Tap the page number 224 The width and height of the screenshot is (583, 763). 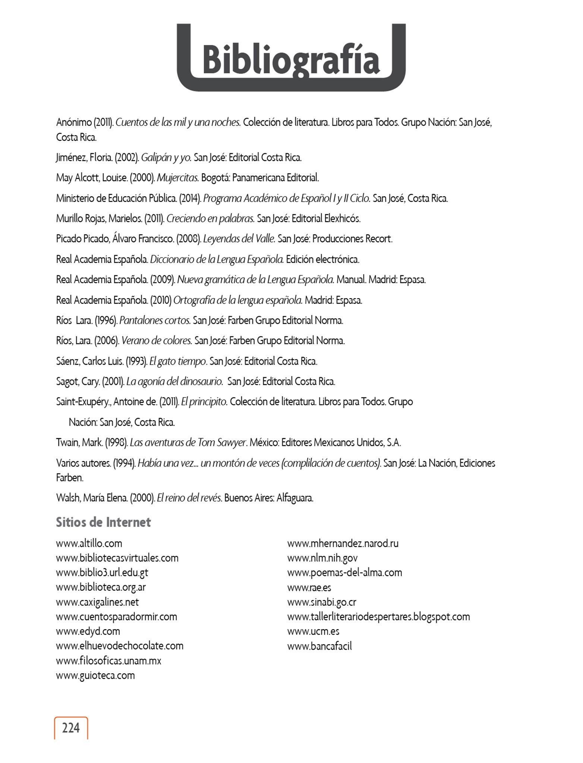coord(71,728)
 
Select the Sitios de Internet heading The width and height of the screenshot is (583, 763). coord(103,522)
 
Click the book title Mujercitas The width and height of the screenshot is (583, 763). coord(178,178)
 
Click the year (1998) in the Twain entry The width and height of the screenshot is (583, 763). coord(117,443)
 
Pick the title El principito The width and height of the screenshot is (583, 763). coord(204,402)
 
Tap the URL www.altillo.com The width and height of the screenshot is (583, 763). coord(89,543)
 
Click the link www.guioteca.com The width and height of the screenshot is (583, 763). coord(95,675)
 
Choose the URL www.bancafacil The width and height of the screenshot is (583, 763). coord(319,646)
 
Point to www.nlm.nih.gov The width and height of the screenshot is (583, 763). coord(322,558)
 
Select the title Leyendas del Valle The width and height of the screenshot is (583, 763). coord(239,239)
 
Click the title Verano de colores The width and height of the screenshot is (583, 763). coord(157,341)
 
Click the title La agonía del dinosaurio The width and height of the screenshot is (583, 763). coord(175,381)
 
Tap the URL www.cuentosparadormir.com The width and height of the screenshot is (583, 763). coord(117,617)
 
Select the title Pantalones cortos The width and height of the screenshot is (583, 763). coord(155,320)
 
